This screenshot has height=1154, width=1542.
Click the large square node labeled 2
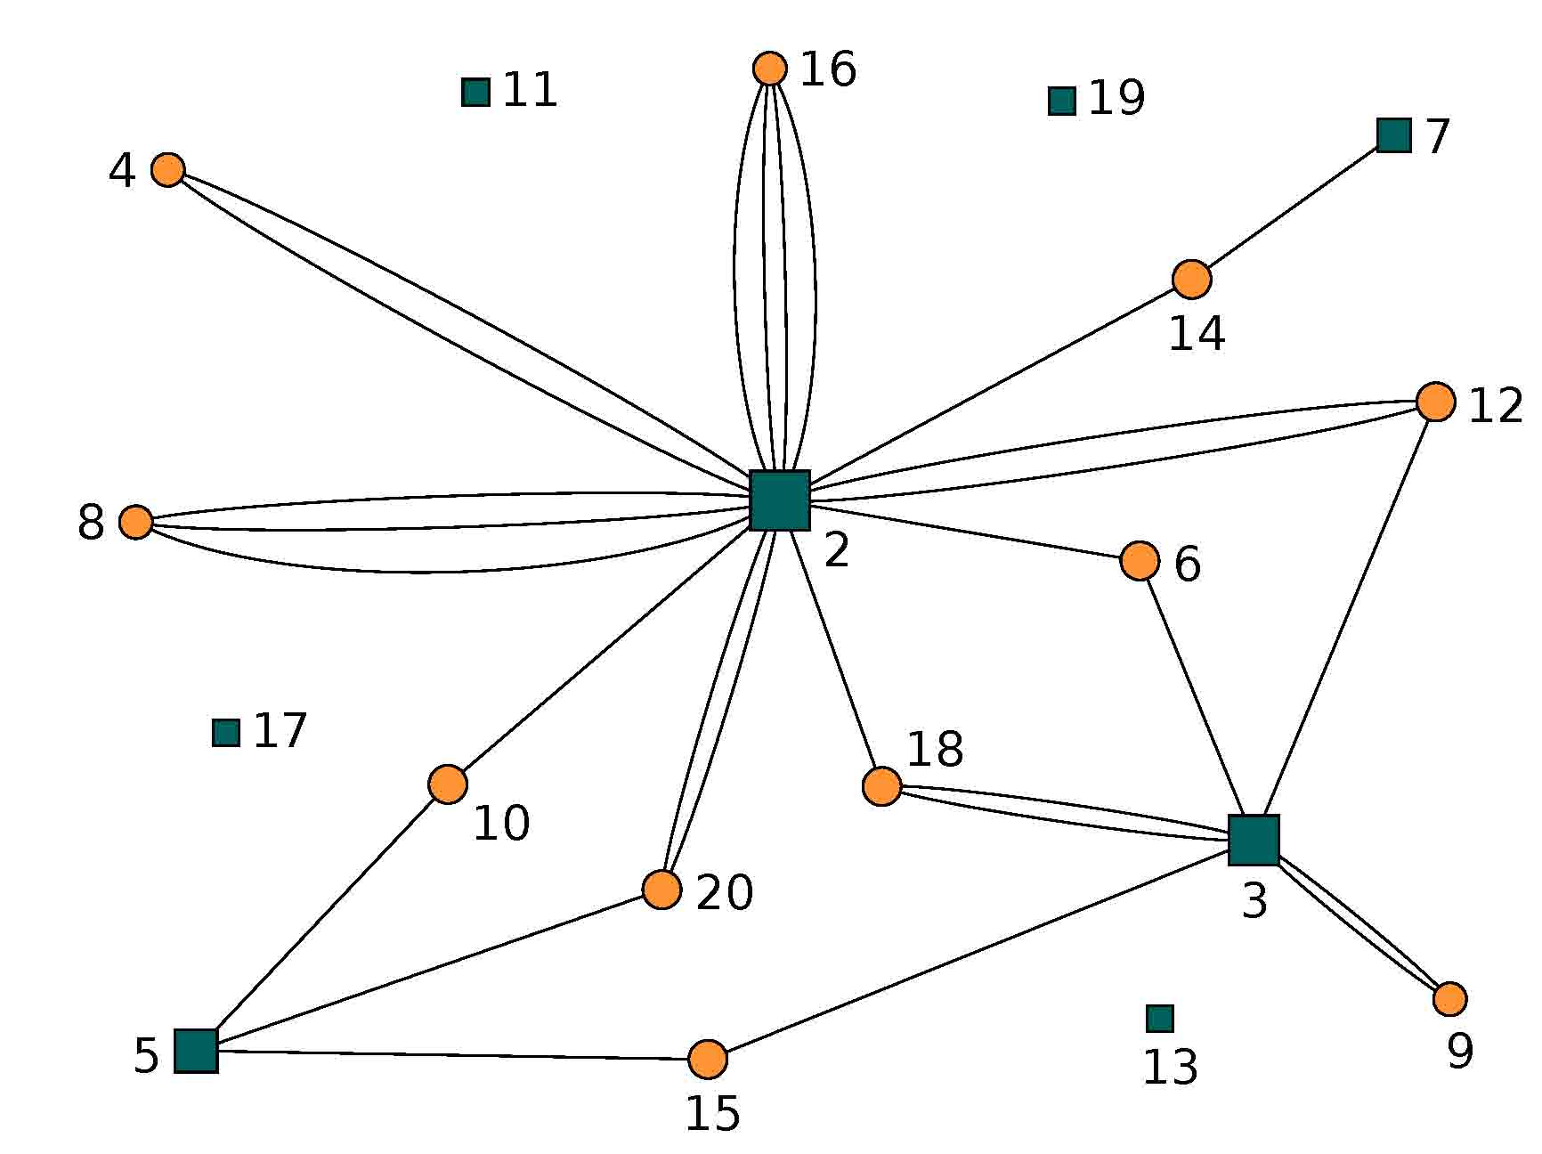click(779, 500)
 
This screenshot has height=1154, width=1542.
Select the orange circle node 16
click(770, 68)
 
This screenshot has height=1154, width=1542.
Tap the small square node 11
click(476, 92)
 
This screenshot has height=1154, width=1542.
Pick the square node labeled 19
click(1062, 101)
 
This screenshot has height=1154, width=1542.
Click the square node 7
click(1394, 134)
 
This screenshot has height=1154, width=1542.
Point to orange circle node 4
click(168, 168)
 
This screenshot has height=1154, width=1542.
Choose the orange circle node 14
click(1192, 280)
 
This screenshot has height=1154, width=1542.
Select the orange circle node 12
click(1436, 402)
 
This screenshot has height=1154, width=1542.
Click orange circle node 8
click(135, 522)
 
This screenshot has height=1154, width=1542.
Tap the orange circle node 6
click(1140, 561)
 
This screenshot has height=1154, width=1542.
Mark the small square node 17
click(226, 733)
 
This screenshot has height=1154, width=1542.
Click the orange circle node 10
click(448, 784)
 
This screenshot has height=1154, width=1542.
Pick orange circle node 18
click(882, 786)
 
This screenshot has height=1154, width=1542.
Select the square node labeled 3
click(1254, 840)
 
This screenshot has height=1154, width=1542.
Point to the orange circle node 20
click(662, 890)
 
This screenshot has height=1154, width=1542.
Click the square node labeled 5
click(196, 1051)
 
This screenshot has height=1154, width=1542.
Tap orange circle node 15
click(708, 1060)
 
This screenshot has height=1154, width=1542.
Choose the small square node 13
click(1160, 1019)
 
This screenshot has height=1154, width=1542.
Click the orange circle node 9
click(1450, 999)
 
